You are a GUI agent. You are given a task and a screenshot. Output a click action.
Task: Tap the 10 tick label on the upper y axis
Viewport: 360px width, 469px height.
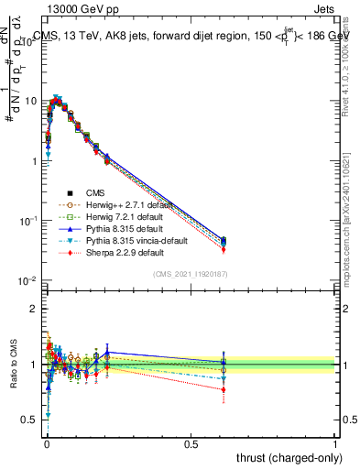point(32,101)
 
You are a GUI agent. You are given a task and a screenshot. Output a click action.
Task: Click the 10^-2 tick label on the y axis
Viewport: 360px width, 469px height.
point(30,280)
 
